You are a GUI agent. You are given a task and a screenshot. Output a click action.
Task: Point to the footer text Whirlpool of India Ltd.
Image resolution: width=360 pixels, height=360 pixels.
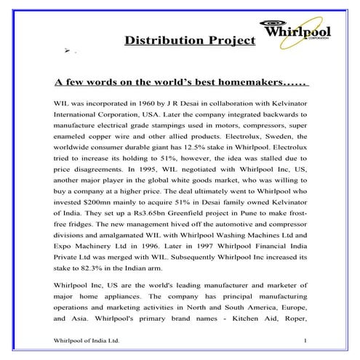[x=81, y=340]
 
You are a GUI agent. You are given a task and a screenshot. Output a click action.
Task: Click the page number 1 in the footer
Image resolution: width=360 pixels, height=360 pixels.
[x=306, y=340]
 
